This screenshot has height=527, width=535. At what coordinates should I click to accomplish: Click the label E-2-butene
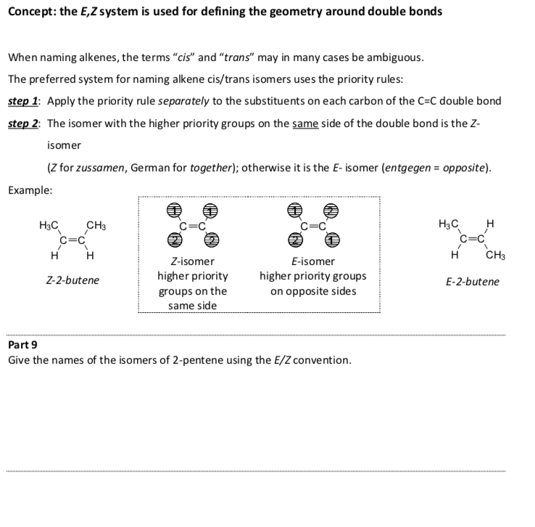[x=472, y=282]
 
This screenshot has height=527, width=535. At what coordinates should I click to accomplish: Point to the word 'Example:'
[x=30, y=189]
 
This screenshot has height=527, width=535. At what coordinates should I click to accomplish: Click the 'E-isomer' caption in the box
[x=312, y=261]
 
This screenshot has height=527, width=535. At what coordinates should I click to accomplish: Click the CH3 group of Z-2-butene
[x=96, y=225]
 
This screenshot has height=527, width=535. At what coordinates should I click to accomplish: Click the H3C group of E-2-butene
[x=450, y=225]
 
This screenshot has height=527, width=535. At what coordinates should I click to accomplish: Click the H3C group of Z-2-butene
[x=50, y=225]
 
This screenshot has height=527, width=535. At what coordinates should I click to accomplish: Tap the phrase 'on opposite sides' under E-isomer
[x=313, y=291]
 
